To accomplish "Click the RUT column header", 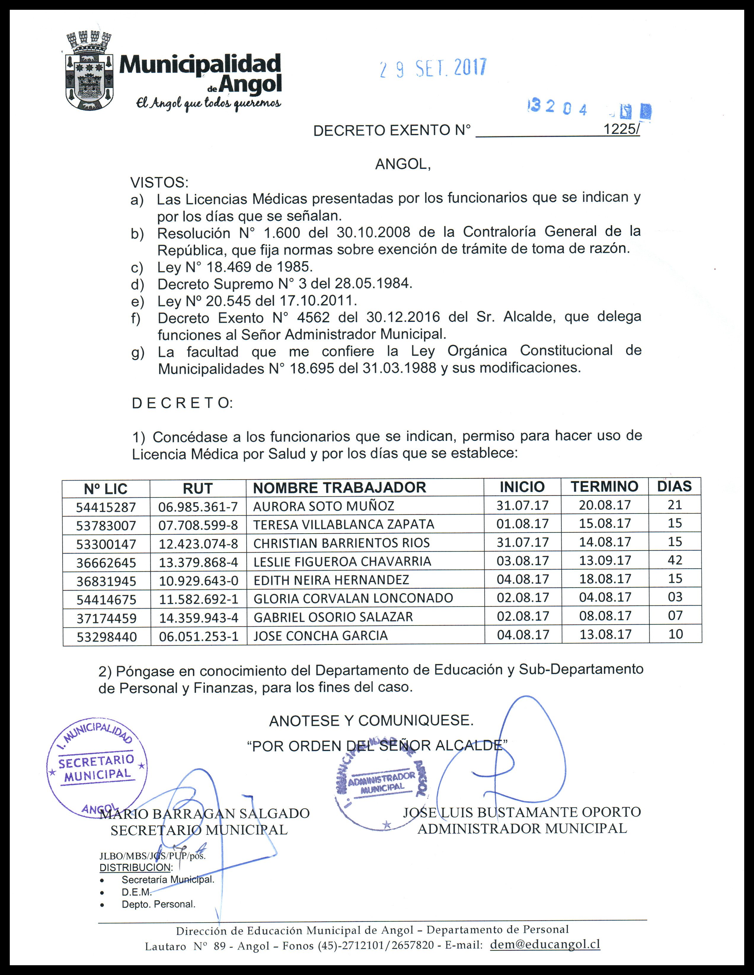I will [x=197, y=489].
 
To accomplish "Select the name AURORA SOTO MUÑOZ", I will [x=324, y=506].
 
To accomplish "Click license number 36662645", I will [x=106, y=563].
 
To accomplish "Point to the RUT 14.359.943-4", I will [x=198, y=618].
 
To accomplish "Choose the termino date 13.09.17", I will [x=605, y=560].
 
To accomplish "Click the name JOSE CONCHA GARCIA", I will [x=320, y=636].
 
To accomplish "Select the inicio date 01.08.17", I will [x=522, y=523].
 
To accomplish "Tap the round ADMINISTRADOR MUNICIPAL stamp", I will [x=382, y=783].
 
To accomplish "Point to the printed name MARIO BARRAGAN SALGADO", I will [x=205, y=813].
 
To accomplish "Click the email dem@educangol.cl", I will [x=545, y=944].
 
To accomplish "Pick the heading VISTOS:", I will [x=159, y=183].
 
